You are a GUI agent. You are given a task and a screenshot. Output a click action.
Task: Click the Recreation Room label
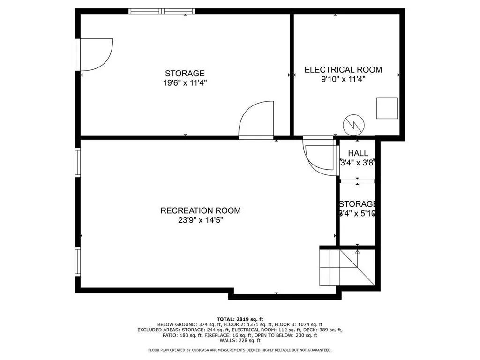[201, 210]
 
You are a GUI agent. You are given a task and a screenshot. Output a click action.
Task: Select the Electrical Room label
[343, 70]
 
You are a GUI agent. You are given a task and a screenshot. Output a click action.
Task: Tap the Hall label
[358, 153]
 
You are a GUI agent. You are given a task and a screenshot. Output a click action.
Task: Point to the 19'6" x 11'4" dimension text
[185, 83]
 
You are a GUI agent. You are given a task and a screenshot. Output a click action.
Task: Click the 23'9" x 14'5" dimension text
[201, 220]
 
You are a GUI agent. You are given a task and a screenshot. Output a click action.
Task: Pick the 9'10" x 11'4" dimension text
[343, 79]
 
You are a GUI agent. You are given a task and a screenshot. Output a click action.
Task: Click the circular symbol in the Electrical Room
[352, 124]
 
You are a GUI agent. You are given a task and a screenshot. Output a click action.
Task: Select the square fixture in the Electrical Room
[387, 108]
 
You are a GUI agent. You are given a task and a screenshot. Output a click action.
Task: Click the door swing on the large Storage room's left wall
[95, 55]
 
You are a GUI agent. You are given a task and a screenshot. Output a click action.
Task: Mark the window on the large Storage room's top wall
[162, 11]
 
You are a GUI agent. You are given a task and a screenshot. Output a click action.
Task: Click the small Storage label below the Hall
[358, 204]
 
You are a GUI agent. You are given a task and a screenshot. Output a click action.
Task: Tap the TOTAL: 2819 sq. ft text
[240, 319]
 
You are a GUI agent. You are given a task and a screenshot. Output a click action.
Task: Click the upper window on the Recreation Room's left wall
[78, 163]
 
